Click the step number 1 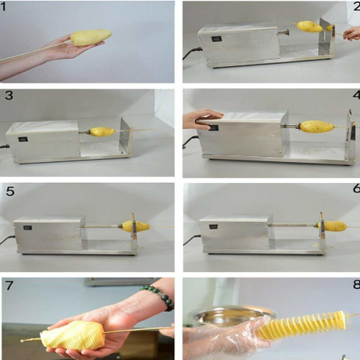pos(3,7)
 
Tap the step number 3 pos(9,95)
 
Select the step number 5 pos(10,191)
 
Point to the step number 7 pos(9,285)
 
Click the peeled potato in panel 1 pos(91,37)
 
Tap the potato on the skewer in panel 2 pos(310,26)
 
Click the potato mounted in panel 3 pos(102,131)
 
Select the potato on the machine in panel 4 pos(316,127)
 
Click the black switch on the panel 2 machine pos(216,39)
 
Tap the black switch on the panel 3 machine pos(23,139)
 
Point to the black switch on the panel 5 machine pos(28,227)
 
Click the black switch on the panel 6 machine pos(214,226)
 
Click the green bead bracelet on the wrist pos(159,297)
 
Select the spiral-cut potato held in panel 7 pos(73,336)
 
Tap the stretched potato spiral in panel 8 pos(301,325)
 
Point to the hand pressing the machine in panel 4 pos(202,118)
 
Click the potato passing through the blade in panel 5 pos(135,226)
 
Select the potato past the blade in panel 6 pos(332,226)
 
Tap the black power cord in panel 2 pos(192,53)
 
